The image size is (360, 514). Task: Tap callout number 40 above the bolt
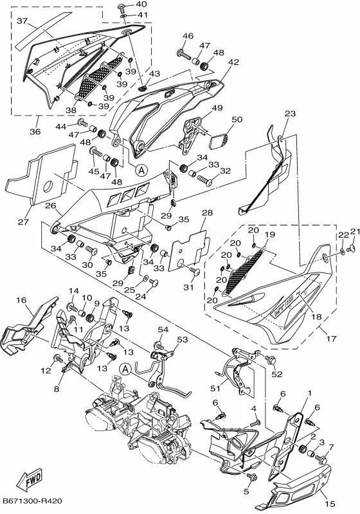click(x=141, y=4)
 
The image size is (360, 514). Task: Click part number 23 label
click(x=289, y=114)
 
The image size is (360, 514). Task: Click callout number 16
click(x=21, y=300)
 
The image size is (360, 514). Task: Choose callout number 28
click(x=207, y=213)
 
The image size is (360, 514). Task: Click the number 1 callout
click(x=309, y=393)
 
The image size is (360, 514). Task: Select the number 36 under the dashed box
click(x=35, y=132)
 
